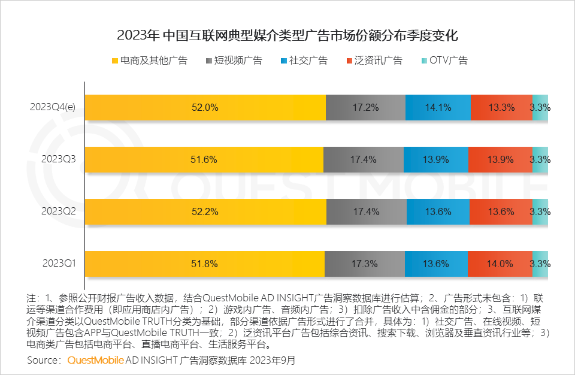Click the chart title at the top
(287, 35)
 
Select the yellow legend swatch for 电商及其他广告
(114, 61)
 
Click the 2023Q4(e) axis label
(56, 108)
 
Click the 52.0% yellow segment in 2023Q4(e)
(205, 108)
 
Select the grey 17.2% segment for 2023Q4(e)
(365, 108)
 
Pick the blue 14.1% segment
(438, 108)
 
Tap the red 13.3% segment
(501, 108)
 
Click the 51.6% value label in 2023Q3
(205, 159)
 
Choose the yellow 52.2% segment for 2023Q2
(205, 211)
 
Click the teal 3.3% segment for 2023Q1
(540, 263)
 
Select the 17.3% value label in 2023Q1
(365, 263)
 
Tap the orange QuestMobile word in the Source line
(96, 361)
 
